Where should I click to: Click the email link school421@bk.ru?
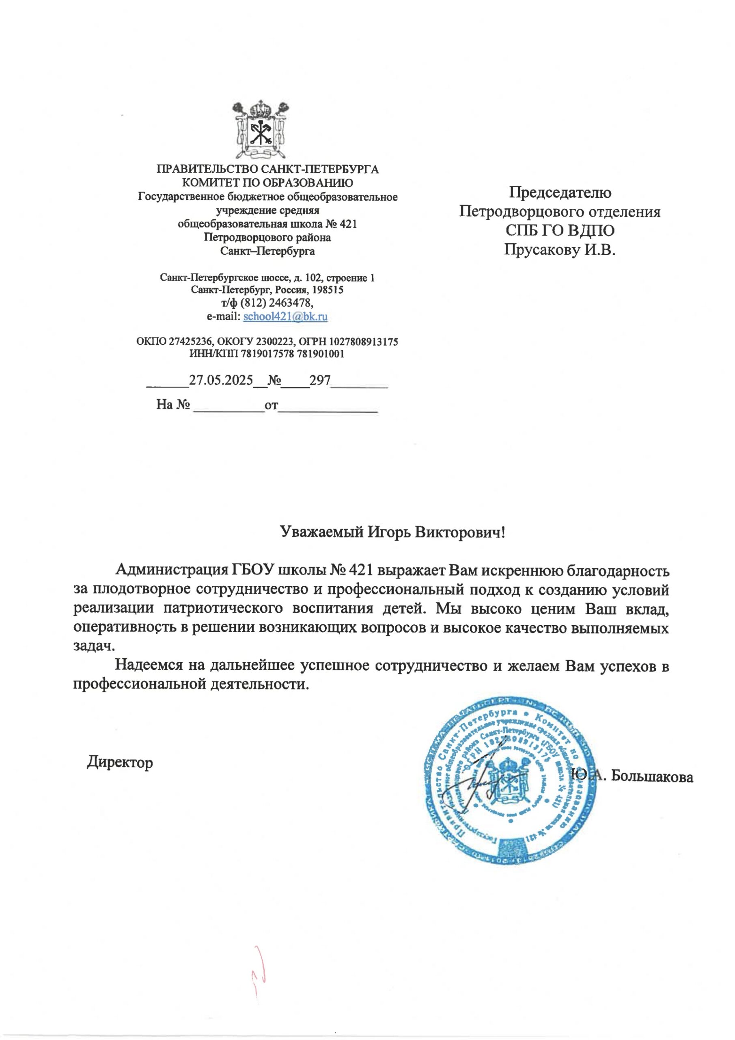click(x=285, y=316)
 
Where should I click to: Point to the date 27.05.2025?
click(x=220, y=380)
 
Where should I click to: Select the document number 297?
click(x=320, y=380)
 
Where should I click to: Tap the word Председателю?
click(x=560, y=193)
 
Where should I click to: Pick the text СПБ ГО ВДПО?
click(x=560, y=231)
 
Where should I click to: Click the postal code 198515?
click(x=327, y=289)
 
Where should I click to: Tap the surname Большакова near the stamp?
click(x=652, y=776)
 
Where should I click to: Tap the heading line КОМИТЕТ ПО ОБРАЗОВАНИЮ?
click(x=267, y=183)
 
